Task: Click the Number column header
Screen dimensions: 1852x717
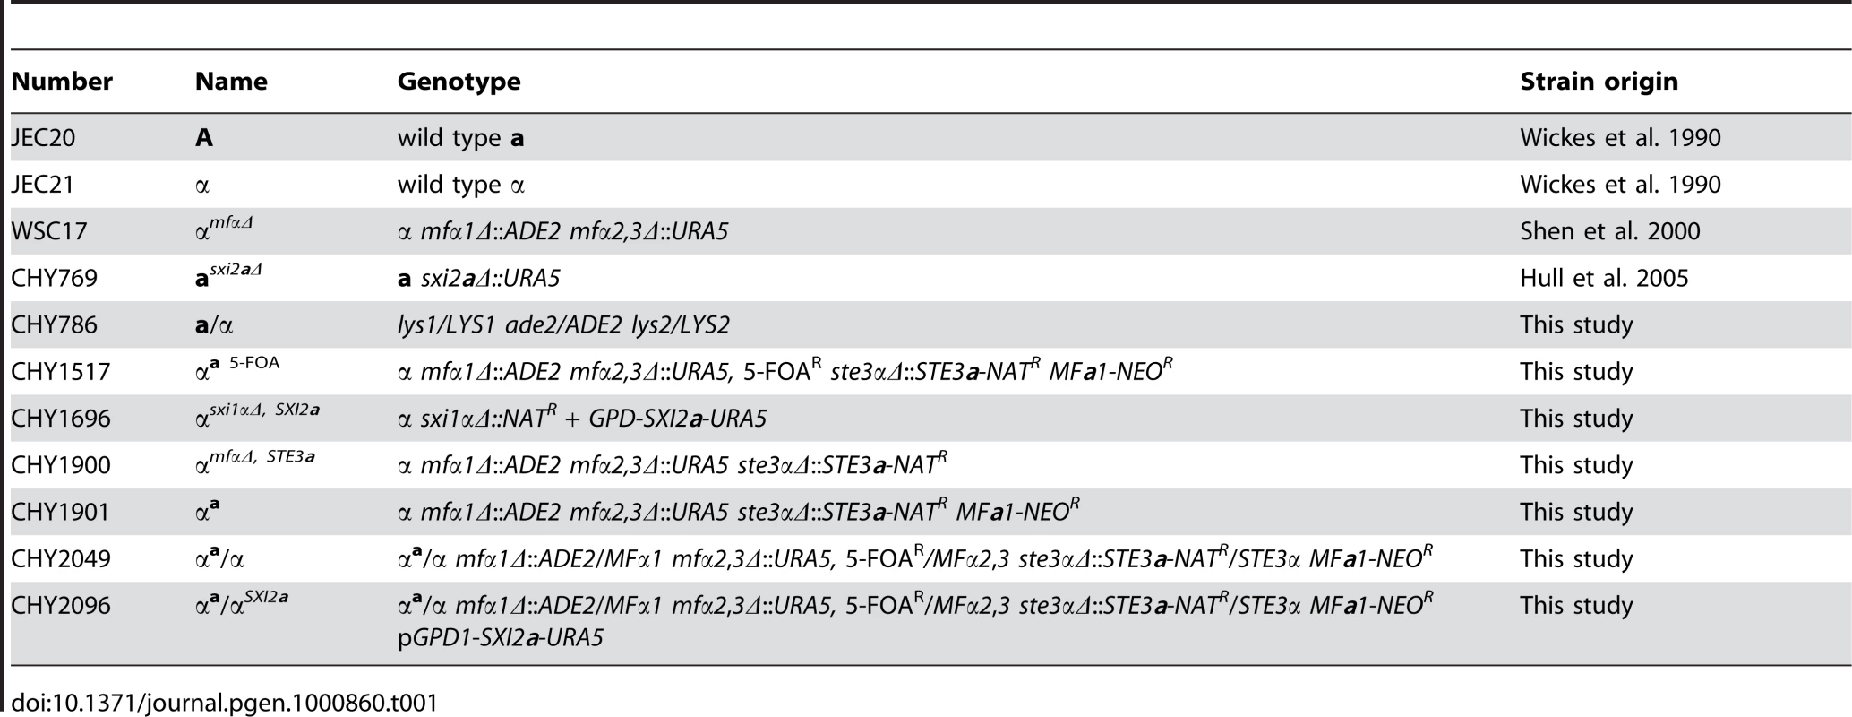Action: pos(62,82)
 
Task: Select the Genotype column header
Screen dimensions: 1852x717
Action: pos(459,82)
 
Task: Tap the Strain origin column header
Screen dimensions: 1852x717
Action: pos(1599,82)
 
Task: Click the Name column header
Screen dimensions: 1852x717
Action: pos(231,82)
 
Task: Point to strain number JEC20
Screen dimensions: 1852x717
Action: pos(43,138)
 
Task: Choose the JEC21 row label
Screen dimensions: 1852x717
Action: pos(43,185)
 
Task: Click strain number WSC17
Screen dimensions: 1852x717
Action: pos(49,231)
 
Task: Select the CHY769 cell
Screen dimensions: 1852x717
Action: pos(54,278)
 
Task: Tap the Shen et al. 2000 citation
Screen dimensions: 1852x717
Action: pos(1609,231)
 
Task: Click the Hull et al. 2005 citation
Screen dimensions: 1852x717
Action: pos(1604,278)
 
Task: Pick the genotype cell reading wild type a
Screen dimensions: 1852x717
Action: pos(461,139)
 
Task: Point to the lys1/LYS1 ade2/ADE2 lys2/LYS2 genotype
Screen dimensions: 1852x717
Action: pos(563,324)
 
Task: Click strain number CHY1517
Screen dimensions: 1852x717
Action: pos(60,371)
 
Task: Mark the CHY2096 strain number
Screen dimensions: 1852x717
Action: pos(61,605)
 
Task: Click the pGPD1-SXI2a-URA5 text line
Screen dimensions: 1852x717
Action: pos(501,638)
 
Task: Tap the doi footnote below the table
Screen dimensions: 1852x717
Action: pos(225,702)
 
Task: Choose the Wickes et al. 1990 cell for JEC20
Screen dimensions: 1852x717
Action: pos(1620,138)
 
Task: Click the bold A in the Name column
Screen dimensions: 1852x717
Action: pos(204,138)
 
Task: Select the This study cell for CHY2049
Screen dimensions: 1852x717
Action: pos(1576,558)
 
